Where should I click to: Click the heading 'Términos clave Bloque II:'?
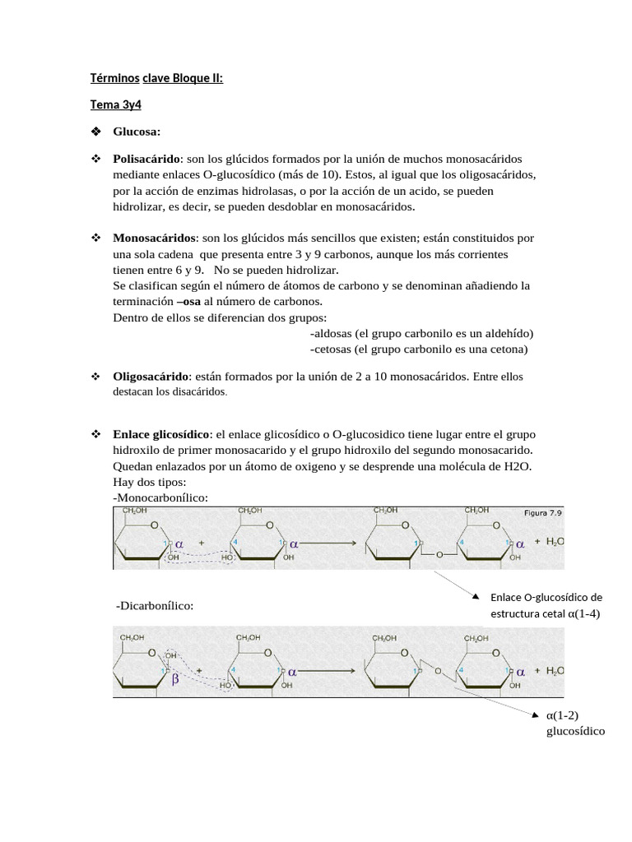point(156,78)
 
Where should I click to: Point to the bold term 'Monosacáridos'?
point(155,238)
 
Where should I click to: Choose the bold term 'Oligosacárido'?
point(151,376)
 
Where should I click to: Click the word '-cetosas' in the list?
point(332,349)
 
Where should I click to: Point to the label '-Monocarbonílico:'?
point(160,497)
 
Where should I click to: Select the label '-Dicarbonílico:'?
point(156,605)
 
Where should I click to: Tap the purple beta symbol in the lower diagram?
point(174,680)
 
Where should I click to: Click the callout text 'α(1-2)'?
point(564,715)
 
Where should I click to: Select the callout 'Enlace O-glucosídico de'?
point(546,598)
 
